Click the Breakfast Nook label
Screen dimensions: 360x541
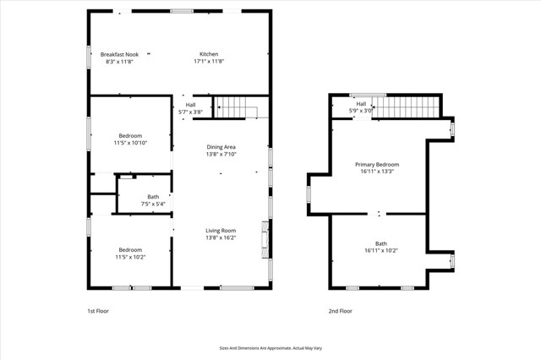[119, 54]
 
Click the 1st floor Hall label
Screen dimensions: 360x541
[190, 105]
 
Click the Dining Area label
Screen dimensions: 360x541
[221, 147]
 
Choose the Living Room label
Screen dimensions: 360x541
[221, 230]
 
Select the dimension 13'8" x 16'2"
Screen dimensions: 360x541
[221, 238]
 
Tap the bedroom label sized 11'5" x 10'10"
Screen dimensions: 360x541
[130, 136]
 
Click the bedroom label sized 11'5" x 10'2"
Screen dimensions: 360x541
[130, 249]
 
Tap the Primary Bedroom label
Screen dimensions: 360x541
[376, 164]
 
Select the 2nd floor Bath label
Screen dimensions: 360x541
[381, 243]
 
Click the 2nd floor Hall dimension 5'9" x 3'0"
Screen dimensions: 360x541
[361, 111]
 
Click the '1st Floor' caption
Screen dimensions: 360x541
[98, 311]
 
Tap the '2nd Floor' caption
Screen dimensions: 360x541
[340, 311]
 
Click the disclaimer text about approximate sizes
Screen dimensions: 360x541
[270, 347]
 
